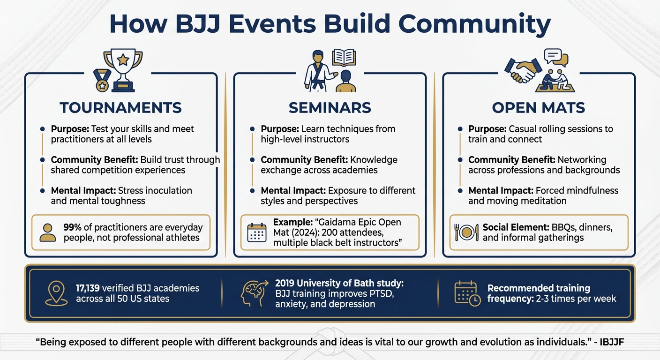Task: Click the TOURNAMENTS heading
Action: [x=120, y=108]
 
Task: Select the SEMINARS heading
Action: [x=330, y=108]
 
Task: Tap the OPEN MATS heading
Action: [x=538, y=108]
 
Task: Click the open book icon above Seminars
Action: [x=344, y=58]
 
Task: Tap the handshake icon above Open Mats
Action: [x=523, y=70]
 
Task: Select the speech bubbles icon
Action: [x=556, y=58]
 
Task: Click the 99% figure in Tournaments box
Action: [x=72, y=227]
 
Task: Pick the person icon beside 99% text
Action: [x=47, y=232]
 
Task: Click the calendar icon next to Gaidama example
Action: [x=256, y=232]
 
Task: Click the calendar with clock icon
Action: [x=467, y=293]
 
